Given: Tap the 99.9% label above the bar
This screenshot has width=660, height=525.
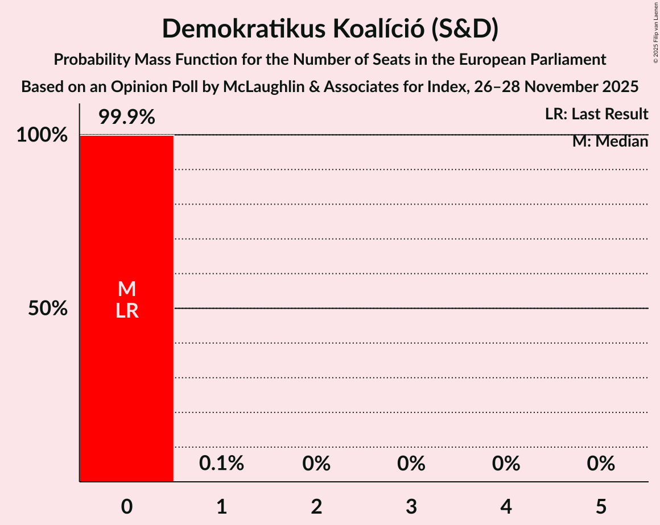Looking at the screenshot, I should coord(126,118).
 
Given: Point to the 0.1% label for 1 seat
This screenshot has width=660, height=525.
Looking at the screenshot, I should coord(221,464).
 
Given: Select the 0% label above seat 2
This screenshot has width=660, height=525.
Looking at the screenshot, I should coord(316,464).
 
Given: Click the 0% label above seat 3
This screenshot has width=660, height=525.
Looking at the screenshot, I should coord(411,464).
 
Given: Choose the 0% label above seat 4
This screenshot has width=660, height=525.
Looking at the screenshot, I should coord(506,464).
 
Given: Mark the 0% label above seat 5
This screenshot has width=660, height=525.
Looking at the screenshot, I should coord(601,464).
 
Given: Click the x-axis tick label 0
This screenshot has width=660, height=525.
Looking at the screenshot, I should coord(127,506).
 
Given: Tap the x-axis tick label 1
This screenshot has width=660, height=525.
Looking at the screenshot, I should coord(222,506).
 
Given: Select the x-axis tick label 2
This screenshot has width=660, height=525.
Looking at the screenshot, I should coord(317,506).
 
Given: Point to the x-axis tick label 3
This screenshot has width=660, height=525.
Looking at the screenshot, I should coord(411,506).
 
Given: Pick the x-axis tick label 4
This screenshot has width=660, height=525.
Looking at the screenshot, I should coord(506,506).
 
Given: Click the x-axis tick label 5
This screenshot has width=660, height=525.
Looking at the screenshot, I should coord(601,506).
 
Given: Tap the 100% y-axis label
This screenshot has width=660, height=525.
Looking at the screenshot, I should coord(42,136).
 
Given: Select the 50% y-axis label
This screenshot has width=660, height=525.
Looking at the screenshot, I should coord(48,309).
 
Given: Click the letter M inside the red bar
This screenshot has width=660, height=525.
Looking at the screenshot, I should coord(127,289).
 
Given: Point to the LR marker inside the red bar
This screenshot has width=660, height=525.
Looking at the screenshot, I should coord(127,311).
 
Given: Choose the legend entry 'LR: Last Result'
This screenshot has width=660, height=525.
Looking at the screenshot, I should coord(596,114).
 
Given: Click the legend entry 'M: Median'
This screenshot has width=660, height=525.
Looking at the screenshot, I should coord(610,141).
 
